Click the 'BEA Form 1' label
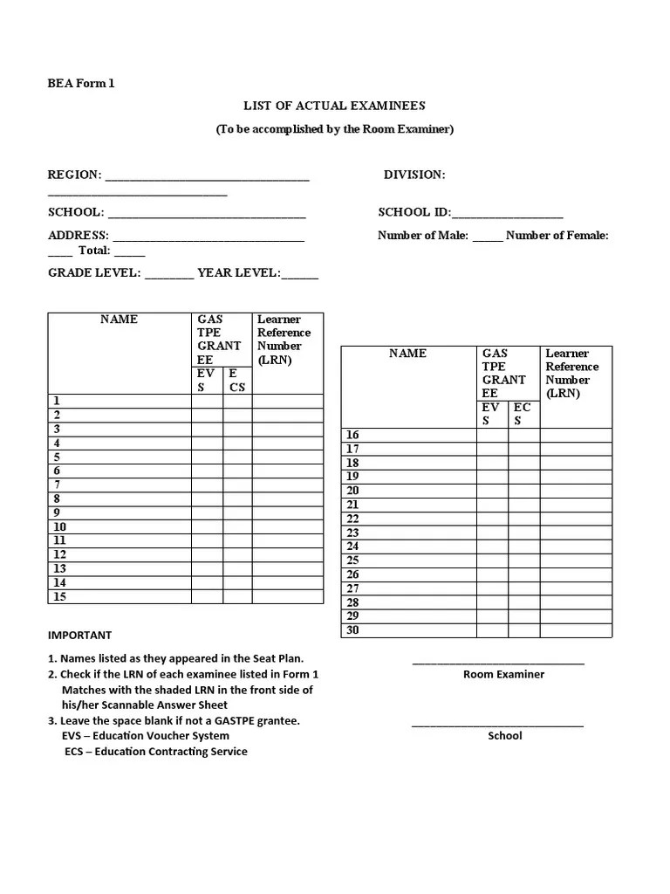coord(80,84)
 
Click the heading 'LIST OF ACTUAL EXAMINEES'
coord(334,106)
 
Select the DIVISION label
coord(414,175)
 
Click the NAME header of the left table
coord(119,320)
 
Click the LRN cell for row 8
coord(288,499)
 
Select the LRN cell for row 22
coord(576,519)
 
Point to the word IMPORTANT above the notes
coord(79,635)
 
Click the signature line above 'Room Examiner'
coord(498,663)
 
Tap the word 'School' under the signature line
coord(504,735)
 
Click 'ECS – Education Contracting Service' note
coord(155,751)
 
